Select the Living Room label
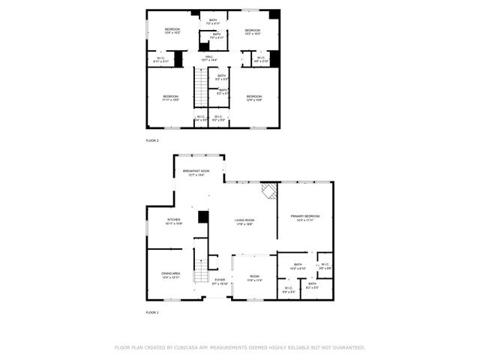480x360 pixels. click(244, 221)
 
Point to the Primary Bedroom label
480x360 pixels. click(304, 217)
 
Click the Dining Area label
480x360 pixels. click(170, 275)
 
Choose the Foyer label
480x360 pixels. click(219, 281)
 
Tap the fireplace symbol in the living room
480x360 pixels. click(268, 190)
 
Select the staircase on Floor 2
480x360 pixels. click(200, 88)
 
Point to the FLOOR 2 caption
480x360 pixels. click(152, 140)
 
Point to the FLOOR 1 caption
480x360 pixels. click(152, 311)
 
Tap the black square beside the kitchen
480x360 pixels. click(202, 217)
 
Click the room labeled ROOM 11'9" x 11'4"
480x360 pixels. click(254, 279)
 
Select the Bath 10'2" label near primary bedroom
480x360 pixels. click(298, 266)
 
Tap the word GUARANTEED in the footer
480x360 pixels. click(346, 348)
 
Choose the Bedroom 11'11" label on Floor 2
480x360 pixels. click(170, 97)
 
